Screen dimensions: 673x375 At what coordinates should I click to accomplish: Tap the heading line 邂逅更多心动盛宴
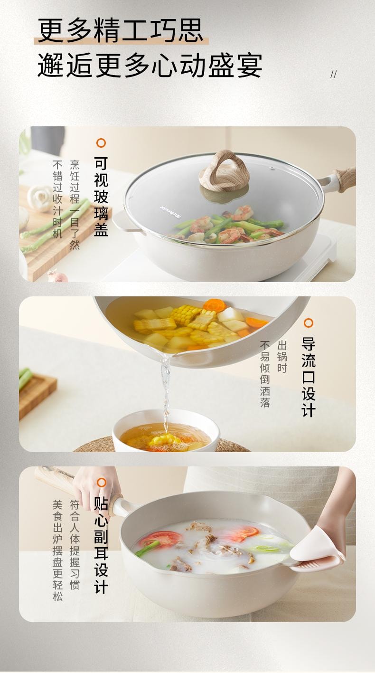[150, 66]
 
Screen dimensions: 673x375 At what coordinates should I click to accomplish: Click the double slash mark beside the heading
[333, 74]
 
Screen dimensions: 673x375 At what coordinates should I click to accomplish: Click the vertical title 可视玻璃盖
[101, 197]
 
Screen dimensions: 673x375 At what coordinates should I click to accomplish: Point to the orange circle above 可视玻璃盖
[101, 143]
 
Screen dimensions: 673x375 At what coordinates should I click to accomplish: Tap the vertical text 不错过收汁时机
[57, 199]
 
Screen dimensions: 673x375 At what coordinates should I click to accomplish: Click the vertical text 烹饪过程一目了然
[75, 205]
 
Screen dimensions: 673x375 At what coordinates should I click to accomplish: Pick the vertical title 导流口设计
[309, 377]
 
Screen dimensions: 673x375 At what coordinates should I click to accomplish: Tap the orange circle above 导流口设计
[309, 323]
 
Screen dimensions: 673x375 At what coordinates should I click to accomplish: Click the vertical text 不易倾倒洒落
[265, 374]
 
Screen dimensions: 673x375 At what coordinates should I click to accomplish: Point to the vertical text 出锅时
[282, 357]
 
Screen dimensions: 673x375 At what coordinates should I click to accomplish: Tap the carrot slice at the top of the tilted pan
[214, 305]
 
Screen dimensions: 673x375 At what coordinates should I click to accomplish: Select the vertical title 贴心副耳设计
[101, 545]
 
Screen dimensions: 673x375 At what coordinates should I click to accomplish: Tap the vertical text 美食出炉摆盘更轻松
[57, 550]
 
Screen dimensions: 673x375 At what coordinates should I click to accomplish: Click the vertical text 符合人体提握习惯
[75, 544]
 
